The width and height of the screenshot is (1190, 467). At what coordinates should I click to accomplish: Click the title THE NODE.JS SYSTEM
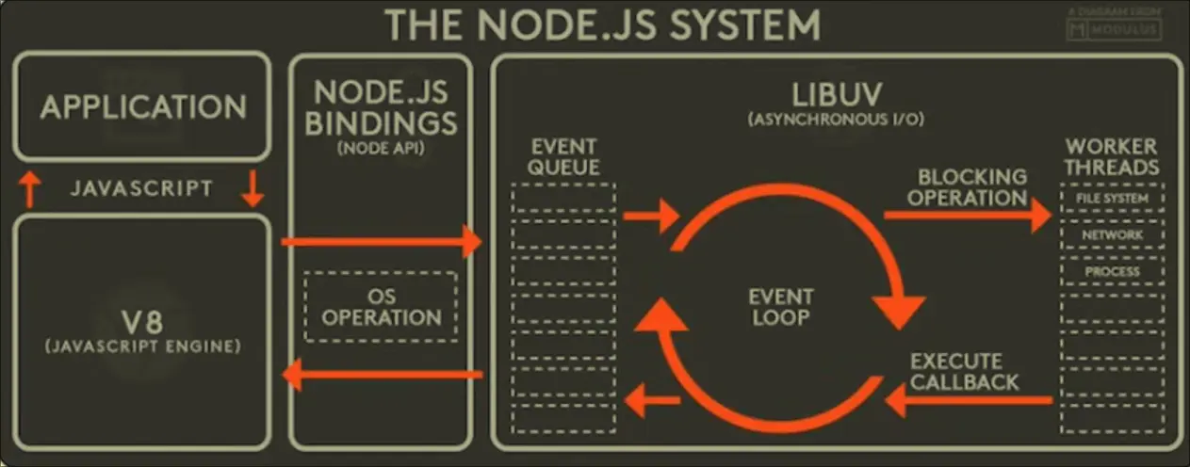tap(603, 25)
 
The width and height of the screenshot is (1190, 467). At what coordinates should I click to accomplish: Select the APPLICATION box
tap(143, 105)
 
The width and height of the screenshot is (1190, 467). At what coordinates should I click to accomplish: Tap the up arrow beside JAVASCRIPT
tap(30, 189)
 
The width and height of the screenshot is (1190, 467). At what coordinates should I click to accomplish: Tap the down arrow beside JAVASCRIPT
tap(253, 188)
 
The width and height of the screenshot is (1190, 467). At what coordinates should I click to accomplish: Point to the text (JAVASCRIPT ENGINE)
tap(142, 346)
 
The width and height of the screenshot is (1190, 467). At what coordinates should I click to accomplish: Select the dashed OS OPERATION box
tap(382, 307)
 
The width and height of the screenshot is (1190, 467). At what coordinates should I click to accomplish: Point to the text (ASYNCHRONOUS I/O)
tap(838, 121)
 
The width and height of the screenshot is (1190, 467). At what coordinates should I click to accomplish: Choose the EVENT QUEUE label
tap(564, 157)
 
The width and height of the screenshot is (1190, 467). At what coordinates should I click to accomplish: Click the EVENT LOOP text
tap(779, 307)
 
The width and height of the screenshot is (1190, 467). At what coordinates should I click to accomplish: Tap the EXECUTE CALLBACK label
tap(964, 372)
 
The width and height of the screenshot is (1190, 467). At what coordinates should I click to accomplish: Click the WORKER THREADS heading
tap(1112, 157)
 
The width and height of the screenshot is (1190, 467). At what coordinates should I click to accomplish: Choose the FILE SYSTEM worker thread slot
tap(1112, 199)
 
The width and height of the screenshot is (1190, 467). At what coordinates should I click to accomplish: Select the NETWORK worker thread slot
tap(1112, 234)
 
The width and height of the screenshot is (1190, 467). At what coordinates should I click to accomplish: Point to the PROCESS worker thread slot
tap(1112, 271)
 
